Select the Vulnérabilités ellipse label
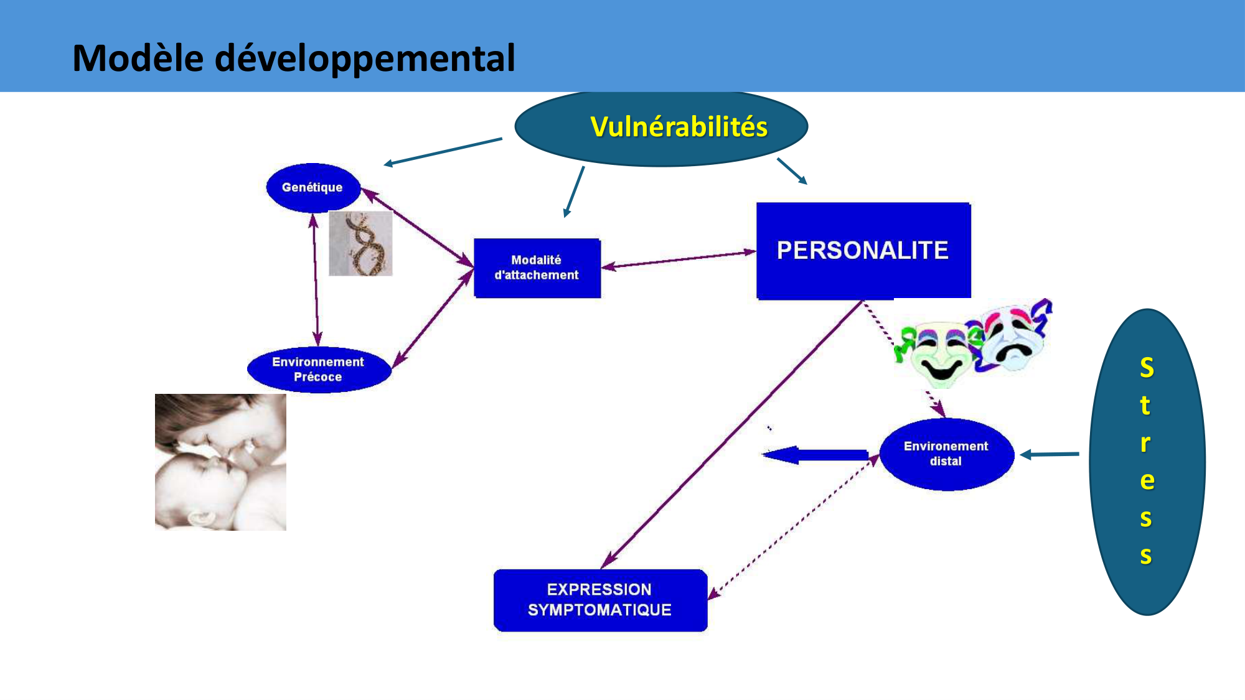pyautogui.click(x=679, y=127)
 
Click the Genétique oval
pyautogui.click(x=312, y=187)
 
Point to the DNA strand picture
pyautogui.click(x=360, y=243)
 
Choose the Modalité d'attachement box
pyautogui.click(x=537, y=268)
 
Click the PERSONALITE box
pyautogui.click(x=863, y=250)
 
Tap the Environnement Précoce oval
pyautogui.click(x=318, y=370)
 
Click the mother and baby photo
pyautogui.click(x=220, y=462)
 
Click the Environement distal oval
pyautogui.click(x=946, y=454)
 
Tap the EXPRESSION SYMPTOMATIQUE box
pyautogui.click(x=599, y=600)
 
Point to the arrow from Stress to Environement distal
pyautogui.click(x=1051, y=454)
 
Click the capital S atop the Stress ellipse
pyautogui.click(x=1147, y=368)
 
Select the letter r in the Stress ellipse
pyautogui.click(x=1145, y=442)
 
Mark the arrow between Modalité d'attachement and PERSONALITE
pyautogui.click(x=679, y=259)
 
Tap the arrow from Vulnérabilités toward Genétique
pyautogui.click(x=443, y=151)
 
